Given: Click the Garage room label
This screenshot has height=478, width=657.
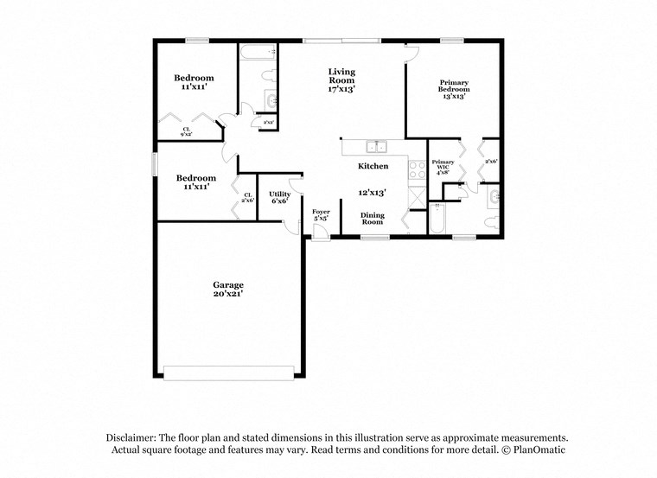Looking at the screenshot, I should pos(229,284).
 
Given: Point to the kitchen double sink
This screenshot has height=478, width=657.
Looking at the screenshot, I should pos(376,146).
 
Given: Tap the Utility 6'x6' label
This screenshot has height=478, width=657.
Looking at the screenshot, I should pos(279,197).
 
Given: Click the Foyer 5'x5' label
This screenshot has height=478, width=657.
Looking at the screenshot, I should pos(321,214).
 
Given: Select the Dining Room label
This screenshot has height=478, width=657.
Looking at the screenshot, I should pos(373,219).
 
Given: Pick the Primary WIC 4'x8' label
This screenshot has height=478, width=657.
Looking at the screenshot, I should pos(443,166).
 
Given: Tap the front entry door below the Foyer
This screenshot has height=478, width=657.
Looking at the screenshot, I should pos(321,237).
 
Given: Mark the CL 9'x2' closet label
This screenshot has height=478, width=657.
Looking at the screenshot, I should pos(186,131).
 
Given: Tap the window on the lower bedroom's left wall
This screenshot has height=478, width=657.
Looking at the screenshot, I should pos(156,163).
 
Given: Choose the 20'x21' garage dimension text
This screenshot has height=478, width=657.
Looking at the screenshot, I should pos(229,294).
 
